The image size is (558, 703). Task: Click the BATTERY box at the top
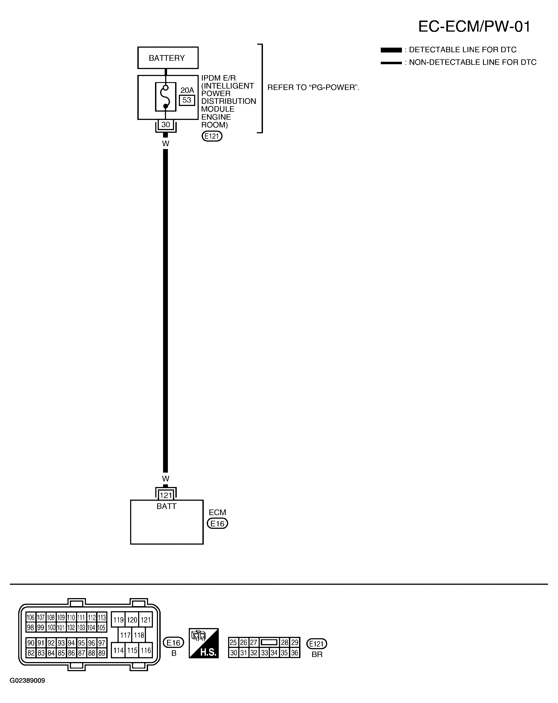coord(168,58)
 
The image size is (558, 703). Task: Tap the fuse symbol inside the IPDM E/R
coord(165,97)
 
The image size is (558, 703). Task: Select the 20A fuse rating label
coord(187,90)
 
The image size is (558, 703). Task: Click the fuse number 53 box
coord(187,100)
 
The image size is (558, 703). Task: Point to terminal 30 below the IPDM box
coord(166,124)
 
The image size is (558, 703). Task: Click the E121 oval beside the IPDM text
coord(212,136)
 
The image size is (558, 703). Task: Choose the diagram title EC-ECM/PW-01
coord(474,26)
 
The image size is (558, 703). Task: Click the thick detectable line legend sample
coord(391,50)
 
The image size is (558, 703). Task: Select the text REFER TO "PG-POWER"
coord(313,88)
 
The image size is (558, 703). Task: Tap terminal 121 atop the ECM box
coord(166,495)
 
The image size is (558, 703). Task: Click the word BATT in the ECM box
coord(167,506)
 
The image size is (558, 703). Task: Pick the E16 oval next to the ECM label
coord(217,523)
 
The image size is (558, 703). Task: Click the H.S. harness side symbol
coord(203,643)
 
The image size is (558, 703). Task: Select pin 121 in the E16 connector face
coord(146,620)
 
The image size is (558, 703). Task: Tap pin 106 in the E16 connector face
coord(30,617)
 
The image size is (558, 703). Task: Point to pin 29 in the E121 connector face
coord(295,642)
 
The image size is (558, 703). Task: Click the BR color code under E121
coord(317,654)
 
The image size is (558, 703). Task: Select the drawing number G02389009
coord(27,680)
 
